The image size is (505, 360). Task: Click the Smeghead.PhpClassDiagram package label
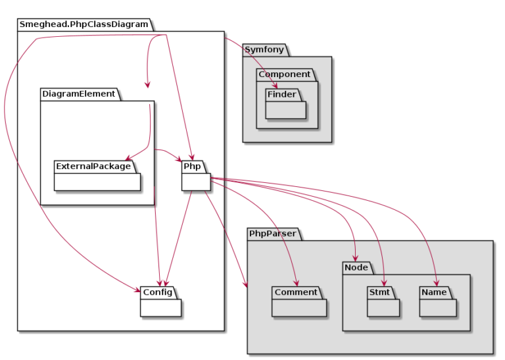84,24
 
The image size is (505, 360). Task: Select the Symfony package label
265,50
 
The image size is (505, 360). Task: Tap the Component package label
284,74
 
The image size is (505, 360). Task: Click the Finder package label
281,94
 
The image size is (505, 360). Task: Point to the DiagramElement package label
78,94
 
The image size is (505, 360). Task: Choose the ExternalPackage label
93,166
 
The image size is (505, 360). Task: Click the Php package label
192,166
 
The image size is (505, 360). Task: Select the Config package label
158,292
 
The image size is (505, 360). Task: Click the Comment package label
296,292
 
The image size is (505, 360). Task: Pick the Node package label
356,267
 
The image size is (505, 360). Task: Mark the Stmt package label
379,292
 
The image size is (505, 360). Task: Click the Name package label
434,292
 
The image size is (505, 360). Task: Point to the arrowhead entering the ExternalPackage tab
129,157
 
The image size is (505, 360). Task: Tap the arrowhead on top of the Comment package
297,282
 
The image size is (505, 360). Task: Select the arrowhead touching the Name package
435,282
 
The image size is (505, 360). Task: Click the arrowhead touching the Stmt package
382,282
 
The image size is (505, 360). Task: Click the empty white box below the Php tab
195,182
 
